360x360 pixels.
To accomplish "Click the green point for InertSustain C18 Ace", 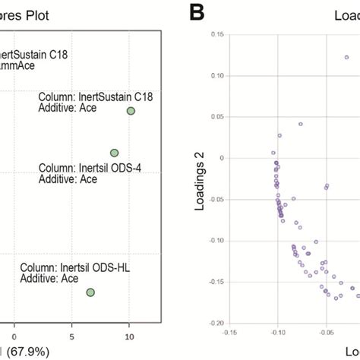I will click(x=131, y=111).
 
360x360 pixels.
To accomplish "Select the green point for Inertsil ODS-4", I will click(x=114, y=153).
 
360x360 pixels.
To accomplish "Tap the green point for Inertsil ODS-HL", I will click(x=90, y=292).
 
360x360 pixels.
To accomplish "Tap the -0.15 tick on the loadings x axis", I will click(x=228, y=332).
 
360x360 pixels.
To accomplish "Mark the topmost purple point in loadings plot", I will click(x=346, y=57).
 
